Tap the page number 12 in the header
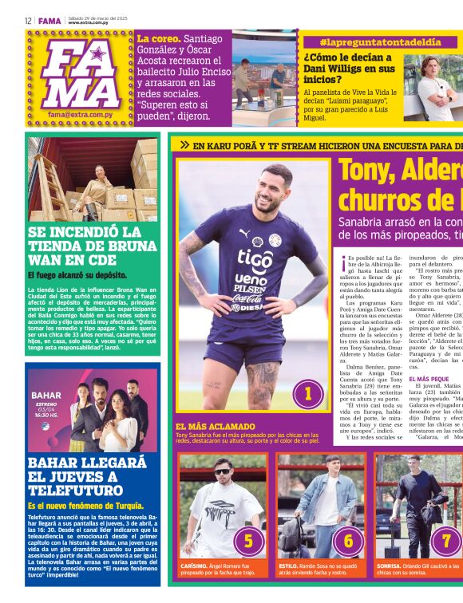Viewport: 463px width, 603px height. [28, 20]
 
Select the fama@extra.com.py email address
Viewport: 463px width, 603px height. [78, 115]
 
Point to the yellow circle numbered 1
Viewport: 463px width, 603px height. [307, 392]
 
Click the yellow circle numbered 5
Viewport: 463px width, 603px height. [248, 541]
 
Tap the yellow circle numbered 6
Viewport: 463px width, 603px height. [348, 541]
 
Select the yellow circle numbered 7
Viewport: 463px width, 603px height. [446, 541]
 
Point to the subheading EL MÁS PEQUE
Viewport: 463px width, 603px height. [429, 379]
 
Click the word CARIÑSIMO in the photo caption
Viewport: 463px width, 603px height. [195, 565]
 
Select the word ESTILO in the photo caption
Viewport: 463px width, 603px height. [287, 565]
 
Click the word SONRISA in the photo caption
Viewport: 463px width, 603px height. [388, 565]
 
